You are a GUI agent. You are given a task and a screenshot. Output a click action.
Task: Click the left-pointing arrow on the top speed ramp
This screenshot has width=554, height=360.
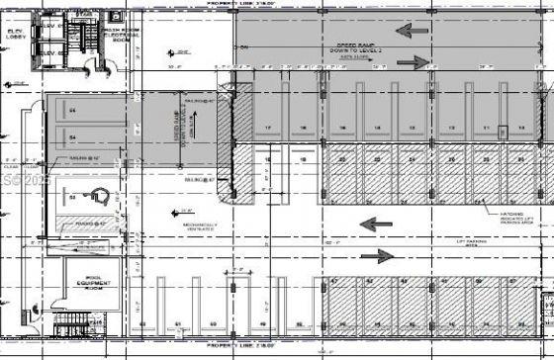tap(415, 31)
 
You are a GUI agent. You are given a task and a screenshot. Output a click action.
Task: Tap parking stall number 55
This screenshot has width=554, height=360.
tap(72, 110)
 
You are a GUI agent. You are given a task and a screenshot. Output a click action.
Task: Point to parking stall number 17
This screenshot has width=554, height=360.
tap(269, 130)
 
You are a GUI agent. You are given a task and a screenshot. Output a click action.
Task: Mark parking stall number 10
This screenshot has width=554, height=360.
tap(520, 130)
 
